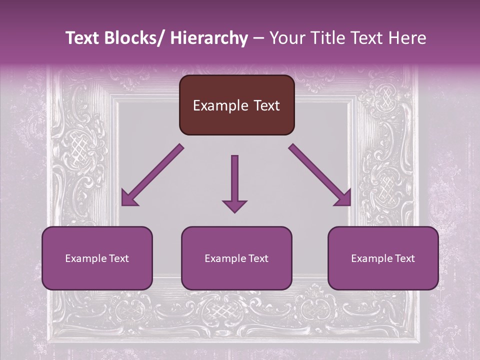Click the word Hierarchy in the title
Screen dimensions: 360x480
coord(208,38)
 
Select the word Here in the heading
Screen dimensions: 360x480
coord(407,38)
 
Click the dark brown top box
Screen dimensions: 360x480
coord(236,105)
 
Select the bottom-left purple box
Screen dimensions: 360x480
coord(97,258)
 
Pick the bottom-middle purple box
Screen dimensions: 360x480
coord(236,258)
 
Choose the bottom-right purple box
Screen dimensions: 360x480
coord(383,258)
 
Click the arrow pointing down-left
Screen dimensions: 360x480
coord(152,175)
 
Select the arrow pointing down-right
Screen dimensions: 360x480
coord(320,175)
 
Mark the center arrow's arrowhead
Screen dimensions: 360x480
coord(234,205)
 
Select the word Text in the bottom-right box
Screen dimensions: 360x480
coord(405,258)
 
